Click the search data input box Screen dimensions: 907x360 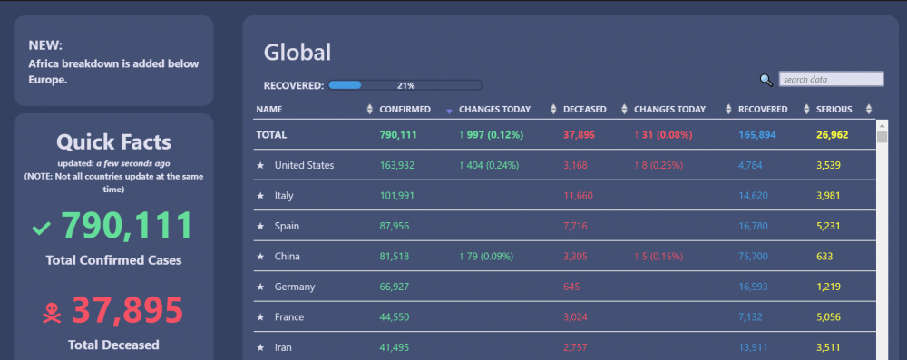tap(831, 79)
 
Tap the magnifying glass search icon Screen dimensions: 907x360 tap(766, 81)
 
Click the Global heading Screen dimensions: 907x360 tap(297, 53)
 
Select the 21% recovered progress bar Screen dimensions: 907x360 tap(405, 85)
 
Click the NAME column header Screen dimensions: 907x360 tap(269, 109)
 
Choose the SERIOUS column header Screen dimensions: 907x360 tap(834, 109)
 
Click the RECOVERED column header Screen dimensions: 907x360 tap(763, 109)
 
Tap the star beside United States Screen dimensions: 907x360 tap(260, 166)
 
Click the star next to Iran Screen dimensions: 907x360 tap(260, 348)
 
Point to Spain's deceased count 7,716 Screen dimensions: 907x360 tap(576, 226)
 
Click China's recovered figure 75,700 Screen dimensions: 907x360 tap(753, 257)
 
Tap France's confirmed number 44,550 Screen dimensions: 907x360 tap(395, 317)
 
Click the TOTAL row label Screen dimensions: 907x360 tap(271, 135)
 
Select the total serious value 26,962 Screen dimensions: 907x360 tap(833, 135)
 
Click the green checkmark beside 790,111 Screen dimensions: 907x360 tap(42, 229)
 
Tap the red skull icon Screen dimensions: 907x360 tap(52, 314)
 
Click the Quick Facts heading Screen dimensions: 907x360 tap(114, 141)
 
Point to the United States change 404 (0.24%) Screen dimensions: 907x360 tap(489, 166)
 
